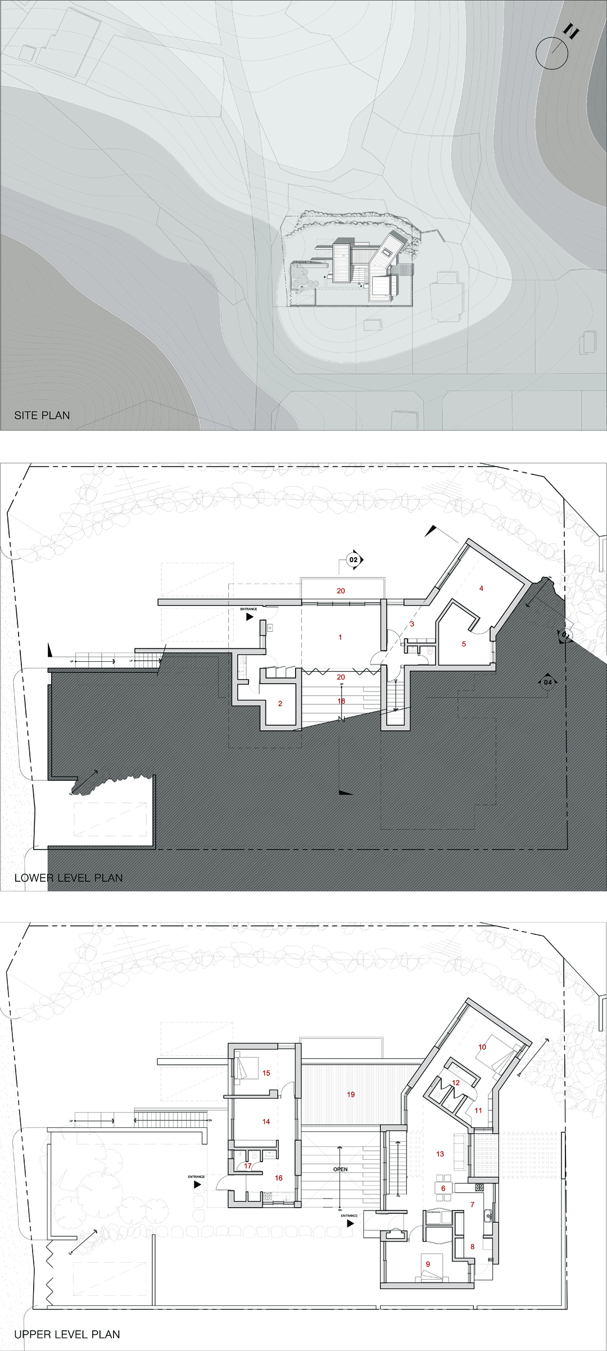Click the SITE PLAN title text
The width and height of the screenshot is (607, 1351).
(42, 415)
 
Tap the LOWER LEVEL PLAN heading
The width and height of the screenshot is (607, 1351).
(68, 878)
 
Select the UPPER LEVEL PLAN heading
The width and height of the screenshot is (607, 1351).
(67, 1334)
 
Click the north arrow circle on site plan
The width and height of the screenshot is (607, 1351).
(551, 53)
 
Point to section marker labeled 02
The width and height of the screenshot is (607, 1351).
(354, 559)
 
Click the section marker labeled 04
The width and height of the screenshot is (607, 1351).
(547, 683)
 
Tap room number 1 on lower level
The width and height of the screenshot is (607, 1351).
(340, 637)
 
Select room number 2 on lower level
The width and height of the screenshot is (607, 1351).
(280, 703)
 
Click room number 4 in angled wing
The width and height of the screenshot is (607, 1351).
(481, 588)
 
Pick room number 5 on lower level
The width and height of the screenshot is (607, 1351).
(464, 644)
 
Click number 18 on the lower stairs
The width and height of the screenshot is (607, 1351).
(341, 701)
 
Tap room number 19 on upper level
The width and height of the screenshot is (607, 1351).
(351, 1094)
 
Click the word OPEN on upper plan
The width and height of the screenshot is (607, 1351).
(340, 1169)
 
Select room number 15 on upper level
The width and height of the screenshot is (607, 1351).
(266, 1073)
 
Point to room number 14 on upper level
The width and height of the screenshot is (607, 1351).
(266, 1121)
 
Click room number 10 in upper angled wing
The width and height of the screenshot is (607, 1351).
(482, 1047)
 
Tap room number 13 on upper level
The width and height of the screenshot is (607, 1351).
(440, 1154)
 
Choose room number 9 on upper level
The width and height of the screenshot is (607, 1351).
(428, 1264)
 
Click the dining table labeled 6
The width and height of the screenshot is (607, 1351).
(443, 1189)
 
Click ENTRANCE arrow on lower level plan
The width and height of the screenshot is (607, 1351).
(250, 617)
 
